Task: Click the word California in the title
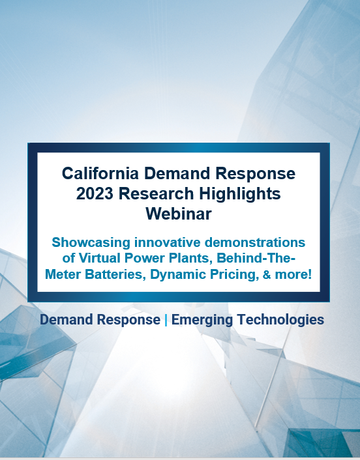tap(100, 173)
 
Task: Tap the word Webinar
tap(179, 214)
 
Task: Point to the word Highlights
tap(240, 194)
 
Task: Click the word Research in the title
tap(157, 194)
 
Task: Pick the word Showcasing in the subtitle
tap(91, 243)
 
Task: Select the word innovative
tap(168, 242)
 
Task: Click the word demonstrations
tap(255, 242)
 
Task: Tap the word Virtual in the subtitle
tap(100, 258)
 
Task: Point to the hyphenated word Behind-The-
tap(256, 258)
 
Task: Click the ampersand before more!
tap(267, 274)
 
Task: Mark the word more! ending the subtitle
tap(293, 274)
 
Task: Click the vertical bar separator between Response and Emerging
tap(166, 320)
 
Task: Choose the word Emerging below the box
tap(202, 320)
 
